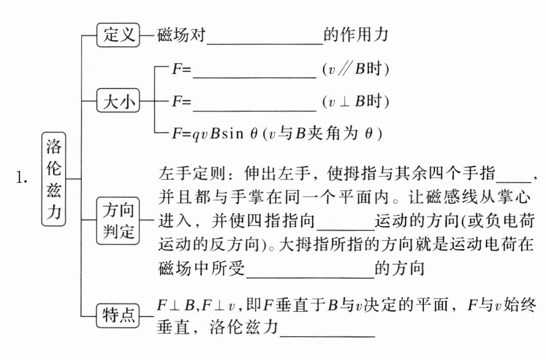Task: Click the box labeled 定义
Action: click(x=118, y=36)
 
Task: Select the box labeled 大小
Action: click(x=118, y=103)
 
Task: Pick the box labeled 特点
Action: click(x=118, y=315)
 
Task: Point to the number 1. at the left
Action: click(x=23, y=178)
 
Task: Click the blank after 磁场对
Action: click(x=265, y=39)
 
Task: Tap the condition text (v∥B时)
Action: click(x=355, y=70)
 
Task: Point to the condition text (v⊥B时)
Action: click(x=355, y=102)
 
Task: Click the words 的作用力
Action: click(x=355, y=35)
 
